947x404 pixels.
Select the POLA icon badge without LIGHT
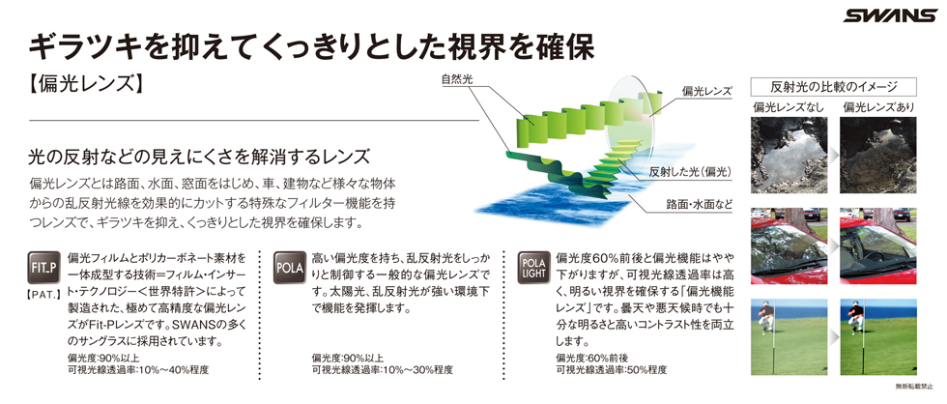click(x=289, y=268)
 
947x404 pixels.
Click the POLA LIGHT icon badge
click(x=533, y=268)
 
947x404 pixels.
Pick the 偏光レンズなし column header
click(x=789, y=107)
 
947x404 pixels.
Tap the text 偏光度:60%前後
click(x=590, y=357)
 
